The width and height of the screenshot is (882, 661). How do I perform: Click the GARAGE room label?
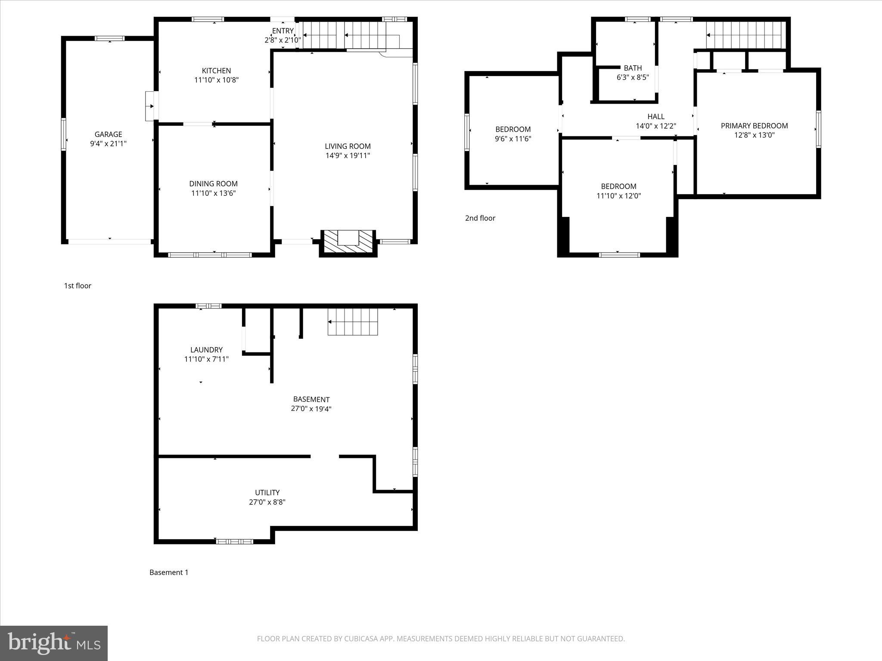108,134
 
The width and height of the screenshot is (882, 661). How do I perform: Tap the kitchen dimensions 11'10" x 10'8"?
216,80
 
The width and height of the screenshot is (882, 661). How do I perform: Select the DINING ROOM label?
213,184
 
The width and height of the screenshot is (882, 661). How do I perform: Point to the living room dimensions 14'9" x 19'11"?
348,156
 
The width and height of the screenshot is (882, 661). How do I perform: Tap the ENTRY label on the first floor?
283,31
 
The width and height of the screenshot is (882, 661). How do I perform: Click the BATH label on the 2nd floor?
633,68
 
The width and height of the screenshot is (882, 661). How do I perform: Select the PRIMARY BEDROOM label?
754,126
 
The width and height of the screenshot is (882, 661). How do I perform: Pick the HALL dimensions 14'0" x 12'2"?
656,126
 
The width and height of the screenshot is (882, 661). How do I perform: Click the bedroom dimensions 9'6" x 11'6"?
513,139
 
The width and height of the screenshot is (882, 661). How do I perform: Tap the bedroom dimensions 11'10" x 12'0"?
618,196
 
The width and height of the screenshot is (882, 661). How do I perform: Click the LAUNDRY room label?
206,350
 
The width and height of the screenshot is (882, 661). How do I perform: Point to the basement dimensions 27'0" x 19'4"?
311,409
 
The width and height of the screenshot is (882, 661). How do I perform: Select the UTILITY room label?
267,493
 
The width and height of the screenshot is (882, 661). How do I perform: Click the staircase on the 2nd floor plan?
744,35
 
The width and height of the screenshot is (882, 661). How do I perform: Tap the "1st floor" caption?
78,286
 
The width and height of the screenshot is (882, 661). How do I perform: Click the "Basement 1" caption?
169,572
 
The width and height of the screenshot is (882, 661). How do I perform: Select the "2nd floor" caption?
480,218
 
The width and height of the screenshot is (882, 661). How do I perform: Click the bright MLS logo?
54,643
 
